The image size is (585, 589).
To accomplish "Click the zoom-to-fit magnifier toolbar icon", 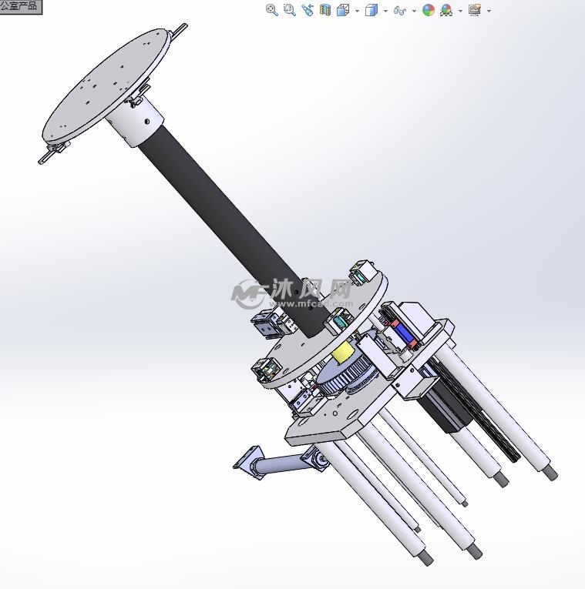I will (271, 10).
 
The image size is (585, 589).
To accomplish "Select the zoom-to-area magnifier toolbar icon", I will (289, 10).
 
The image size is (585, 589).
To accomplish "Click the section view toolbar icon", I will (325, 10).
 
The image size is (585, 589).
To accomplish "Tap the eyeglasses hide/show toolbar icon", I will (399, 10).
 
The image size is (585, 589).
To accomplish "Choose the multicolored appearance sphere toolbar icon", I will (428, 10).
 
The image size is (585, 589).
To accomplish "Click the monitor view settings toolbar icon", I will (474, 10).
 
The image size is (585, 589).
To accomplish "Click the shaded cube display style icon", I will (372, 10).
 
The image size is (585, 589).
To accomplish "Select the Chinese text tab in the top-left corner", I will (19, 6).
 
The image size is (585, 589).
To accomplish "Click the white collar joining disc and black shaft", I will (141, 124).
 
